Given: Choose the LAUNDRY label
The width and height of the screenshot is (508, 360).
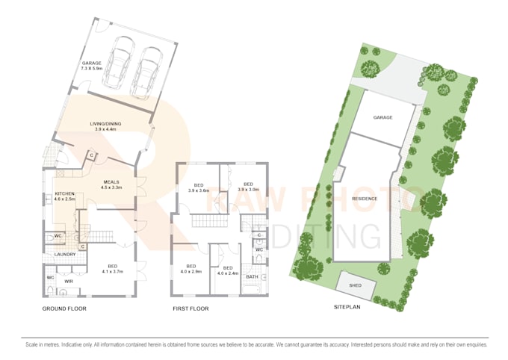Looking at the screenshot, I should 66,255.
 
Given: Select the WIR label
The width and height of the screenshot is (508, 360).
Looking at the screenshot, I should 67,282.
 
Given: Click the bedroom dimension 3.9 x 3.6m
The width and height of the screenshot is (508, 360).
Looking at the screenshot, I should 199,190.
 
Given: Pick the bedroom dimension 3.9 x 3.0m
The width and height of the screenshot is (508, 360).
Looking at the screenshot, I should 248,190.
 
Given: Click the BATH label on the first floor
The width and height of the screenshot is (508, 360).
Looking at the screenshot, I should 252,277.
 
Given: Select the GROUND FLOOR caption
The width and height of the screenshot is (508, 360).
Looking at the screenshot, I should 65,308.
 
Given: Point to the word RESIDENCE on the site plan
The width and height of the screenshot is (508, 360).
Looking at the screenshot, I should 365,199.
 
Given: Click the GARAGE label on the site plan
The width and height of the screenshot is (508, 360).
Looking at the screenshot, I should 382,118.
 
